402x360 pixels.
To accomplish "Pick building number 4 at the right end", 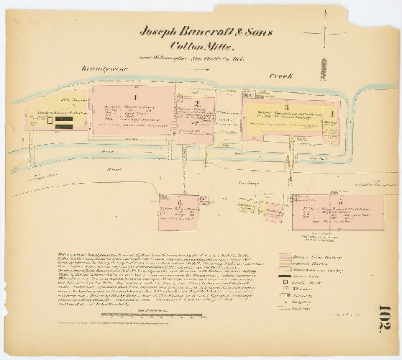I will tap(332, 113).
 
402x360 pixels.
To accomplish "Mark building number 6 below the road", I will tap(179, 202).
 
